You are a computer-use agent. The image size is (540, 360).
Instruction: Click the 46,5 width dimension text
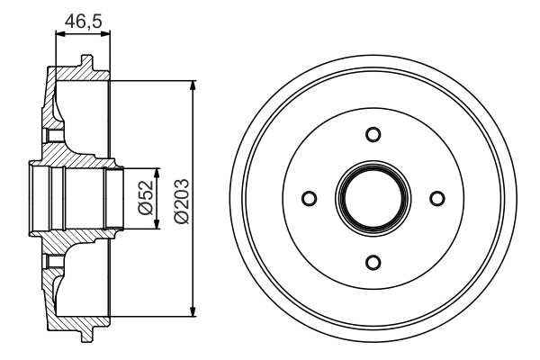[83, 18]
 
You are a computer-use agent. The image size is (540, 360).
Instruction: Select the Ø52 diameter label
[144, 198]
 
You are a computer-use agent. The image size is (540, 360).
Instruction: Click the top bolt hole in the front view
[373, 134]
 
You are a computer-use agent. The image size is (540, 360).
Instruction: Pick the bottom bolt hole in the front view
[373, 263]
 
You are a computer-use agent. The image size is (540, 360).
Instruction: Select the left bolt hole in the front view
[309, 198]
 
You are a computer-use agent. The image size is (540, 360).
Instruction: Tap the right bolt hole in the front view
[438, 198]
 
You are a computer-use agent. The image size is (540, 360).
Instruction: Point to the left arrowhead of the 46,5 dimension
[59, 34]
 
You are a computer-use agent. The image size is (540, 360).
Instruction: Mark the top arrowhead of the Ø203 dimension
[193, 84]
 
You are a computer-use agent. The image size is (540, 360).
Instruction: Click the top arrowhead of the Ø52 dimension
[158, 172]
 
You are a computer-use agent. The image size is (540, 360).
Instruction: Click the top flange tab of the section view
[85, 63]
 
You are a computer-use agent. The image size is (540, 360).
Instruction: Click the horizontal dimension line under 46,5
[83, 34]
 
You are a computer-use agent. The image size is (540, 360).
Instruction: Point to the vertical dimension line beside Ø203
[193, 126]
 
